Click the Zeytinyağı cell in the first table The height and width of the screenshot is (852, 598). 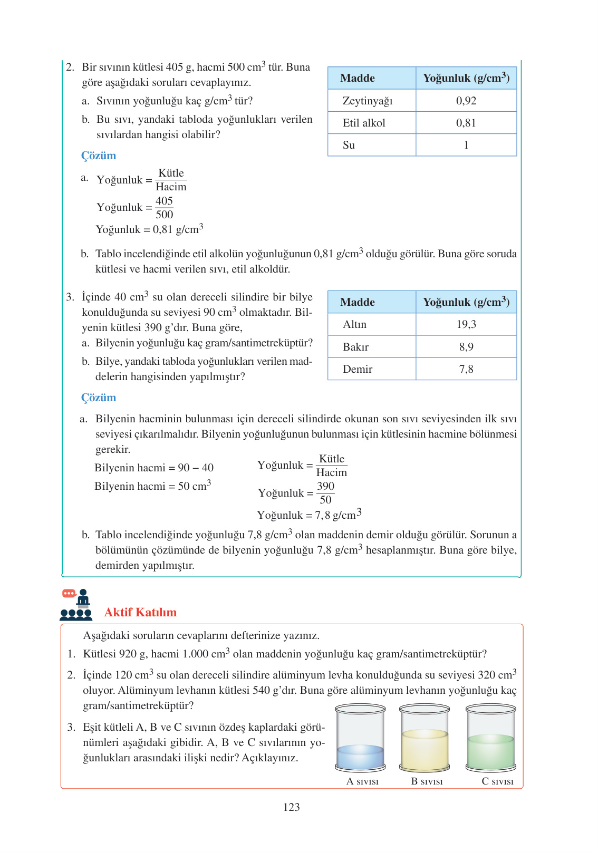pyautogui.click(x=368, y=101)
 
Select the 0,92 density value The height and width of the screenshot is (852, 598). pyautogui.click(x=466, y=101)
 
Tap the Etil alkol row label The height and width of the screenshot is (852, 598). pyautogui.click(x=364, y=123)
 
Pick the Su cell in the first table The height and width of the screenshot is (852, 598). pyautogui.click(x=349, y=145)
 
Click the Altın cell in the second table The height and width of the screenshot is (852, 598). pyautogui.click(x=354, y=324)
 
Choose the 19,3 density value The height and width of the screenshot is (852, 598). pyautogui.click(x=466, y=324)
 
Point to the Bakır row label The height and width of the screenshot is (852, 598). pyautogui.click(x=355, y=347)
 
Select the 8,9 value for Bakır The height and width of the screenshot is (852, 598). pyautogui.click(x=466, y=347)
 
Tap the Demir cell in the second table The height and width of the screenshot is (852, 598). pyautogui.click(x=358, y=369)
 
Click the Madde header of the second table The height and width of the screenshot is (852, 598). pyautogui.click(x=358, y=302)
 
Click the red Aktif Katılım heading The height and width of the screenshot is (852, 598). pyautogui.click(x=140, y=612)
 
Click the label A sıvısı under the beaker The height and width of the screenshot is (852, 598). pyautogui.click(x=362, y=781)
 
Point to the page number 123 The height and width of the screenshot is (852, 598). pyautogui.click(x=291, y=807)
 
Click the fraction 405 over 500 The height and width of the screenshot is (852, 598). pyautogui.click(x=164, y=208)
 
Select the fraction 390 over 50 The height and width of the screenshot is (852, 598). pyautogui.click(x=325, y=493)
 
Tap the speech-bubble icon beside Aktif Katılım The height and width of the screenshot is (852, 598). pyautogui.click(x=69, y=594)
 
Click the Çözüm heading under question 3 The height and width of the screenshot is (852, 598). pyautogui.click(x=99, y=398)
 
